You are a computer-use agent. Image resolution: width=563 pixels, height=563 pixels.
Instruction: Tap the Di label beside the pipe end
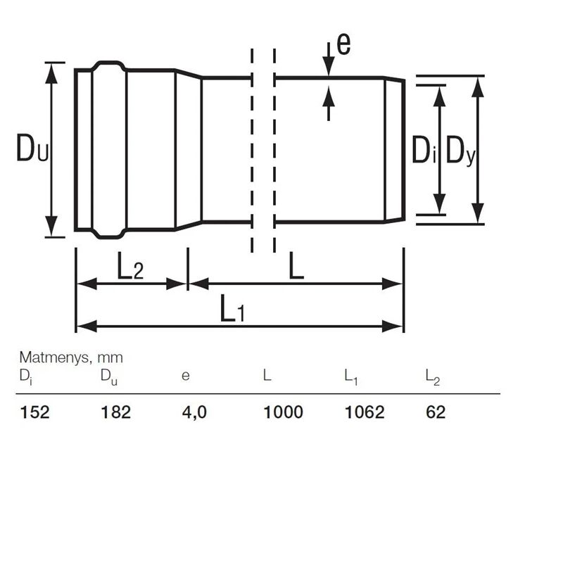[x=424, y=151]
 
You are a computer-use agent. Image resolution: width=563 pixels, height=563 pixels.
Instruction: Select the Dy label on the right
[x=462, y=151]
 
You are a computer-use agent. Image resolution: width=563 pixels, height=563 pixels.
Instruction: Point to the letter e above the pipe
[x=343, y=44]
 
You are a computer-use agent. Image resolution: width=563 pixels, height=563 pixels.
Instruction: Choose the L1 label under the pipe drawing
[x=232, y=309]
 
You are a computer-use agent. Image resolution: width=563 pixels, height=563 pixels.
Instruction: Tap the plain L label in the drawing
[x=297, y=267]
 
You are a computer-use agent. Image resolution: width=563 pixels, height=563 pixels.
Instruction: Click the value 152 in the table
[x=34, y=412]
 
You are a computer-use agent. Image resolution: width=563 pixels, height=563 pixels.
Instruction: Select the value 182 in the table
[x=116, y=412]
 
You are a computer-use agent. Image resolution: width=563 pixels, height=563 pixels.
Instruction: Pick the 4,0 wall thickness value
[x=194, y=412]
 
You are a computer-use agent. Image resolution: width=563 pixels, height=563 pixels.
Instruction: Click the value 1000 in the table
[x=283, y=412]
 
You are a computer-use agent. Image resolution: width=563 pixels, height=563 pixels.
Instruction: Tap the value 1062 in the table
[x=365, y=412]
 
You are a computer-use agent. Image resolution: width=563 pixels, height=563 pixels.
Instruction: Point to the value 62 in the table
[x=436, y=412]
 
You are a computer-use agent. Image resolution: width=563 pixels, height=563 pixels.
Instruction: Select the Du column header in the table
[x=109, y=377]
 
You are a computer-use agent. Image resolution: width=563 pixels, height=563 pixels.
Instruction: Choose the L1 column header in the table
[x=351, y=377]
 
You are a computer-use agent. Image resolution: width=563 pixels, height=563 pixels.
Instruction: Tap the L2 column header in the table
[x=432, y=377]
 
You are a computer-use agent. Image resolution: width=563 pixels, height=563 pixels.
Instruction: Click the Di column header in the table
[x=25, y=377]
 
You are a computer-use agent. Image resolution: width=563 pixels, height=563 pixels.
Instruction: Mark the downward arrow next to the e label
[x=329, y=59]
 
